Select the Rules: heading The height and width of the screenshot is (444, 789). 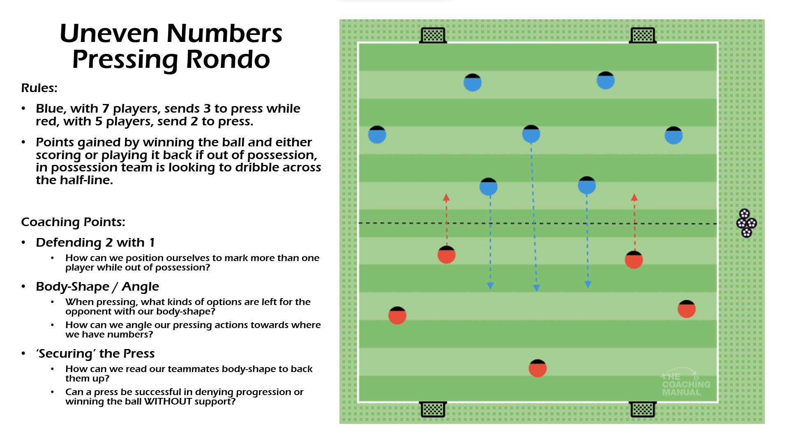(x=39, y=88)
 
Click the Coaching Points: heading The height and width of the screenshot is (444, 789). (x=73, y=222)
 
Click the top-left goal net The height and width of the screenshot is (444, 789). (x=433, y=35)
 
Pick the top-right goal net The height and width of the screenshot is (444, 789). (x=643, y=35)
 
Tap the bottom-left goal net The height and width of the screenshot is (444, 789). (x=433, y=409)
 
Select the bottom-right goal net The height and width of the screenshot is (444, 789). (x=643, y=409)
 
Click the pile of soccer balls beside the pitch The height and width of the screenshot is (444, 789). (x=746, y=223)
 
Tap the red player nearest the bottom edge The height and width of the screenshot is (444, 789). (x=538, y=368)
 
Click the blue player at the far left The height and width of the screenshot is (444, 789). (x=377, y=135)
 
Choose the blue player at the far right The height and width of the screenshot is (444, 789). (x=674, y=135)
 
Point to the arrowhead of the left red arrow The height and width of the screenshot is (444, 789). (x=446, y=197)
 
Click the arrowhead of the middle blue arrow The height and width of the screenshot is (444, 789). (x=536, y=288)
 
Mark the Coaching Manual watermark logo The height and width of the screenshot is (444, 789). (x=685, y=383)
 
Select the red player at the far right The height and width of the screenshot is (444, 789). (x=686, y=309)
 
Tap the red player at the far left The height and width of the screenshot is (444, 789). (x=397, y=316)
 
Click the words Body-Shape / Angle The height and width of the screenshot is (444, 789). (x=97, y=287)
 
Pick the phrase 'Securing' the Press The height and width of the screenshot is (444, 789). (x=95, y=354)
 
